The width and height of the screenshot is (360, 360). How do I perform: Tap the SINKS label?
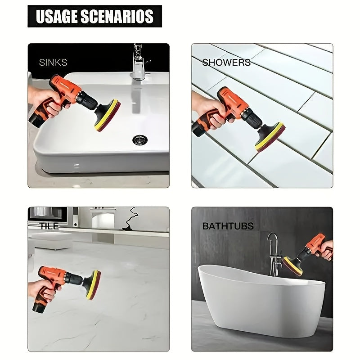[53, 62]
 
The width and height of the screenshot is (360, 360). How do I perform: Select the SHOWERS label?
[226, 63]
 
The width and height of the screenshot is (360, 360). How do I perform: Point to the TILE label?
[49, 226]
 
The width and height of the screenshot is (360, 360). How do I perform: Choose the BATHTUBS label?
[228, 226]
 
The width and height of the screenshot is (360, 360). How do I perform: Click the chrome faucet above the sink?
[138, 63]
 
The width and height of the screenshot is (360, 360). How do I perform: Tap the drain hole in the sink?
[140, 139]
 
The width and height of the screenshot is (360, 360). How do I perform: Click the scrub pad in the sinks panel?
[108, 116]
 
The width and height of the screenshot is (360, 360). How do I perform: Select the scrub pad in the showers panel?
[270, 136]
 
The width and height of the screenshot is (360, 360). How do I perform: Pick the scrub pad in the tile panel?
[93, 285]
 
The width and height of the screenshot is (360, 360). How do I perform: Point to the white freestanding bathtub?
[261, 297]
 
